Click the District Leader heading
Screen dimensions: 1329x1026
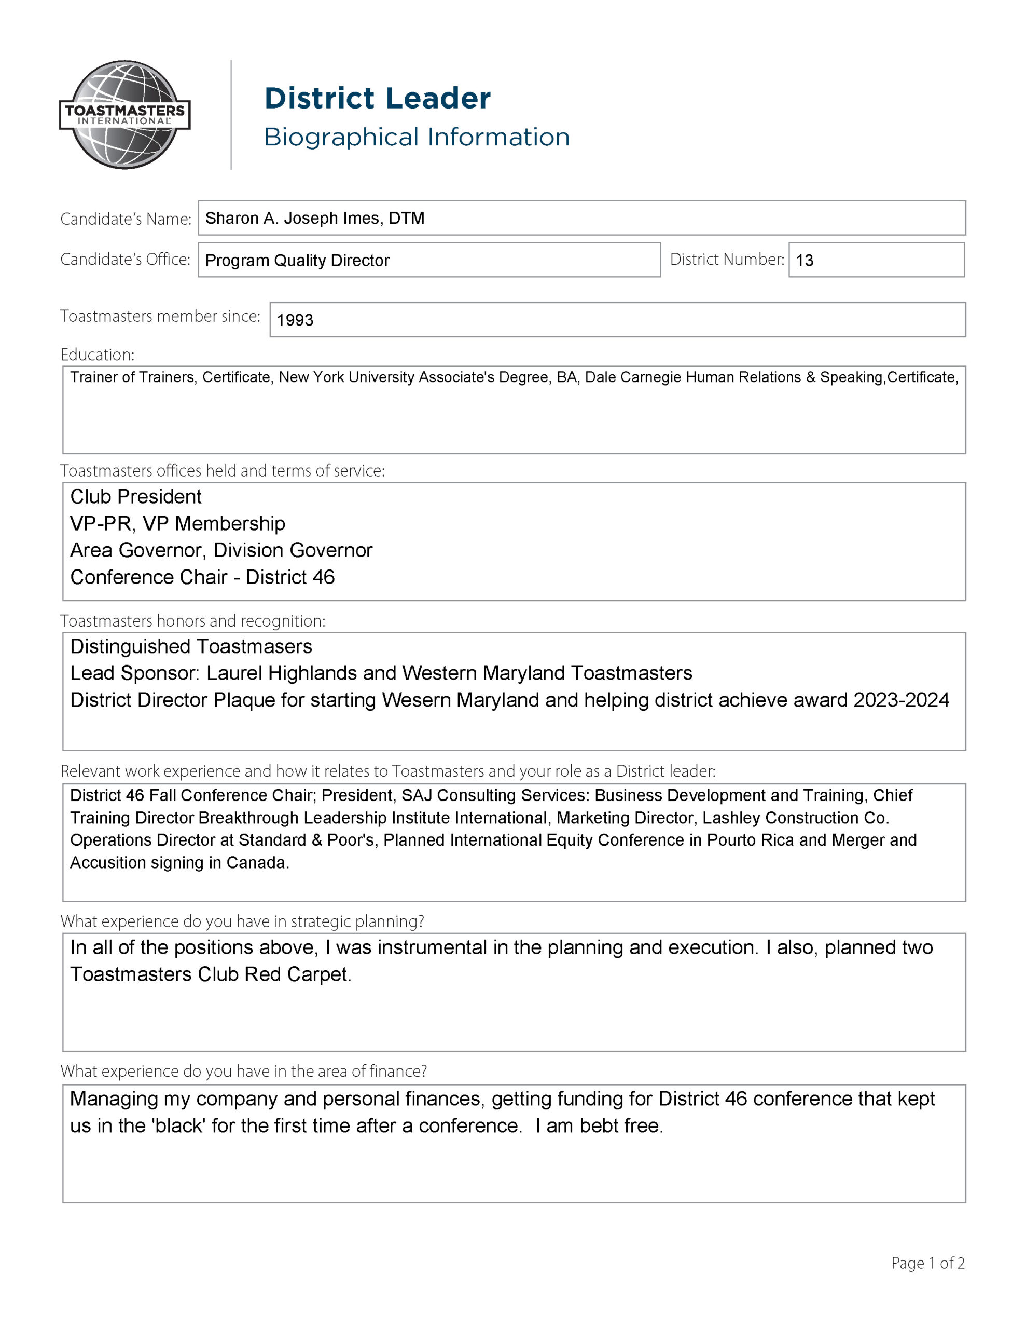[x=377, y=99]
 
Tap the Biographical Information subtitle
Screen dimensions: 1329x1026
[x=417, y=138]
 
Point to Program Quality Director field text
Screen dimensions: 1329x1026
[x=297, y=261]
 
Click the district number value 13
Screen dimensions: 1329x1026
[x=804, y=261]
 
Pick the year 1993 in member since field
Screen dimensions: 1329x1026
[x=295, y=320]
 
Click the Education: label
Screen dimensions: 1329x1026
[x=98, y=355]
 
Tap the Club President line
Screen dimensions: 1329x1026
[x=135, y=496]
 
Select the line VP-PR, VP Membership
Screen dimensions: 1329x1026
[x=177, y=523]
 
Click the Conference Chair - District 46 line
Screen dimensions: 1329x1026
[x=202, y=577]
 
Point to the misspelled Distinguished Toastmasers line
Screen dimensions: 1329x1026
[x=191, y=646]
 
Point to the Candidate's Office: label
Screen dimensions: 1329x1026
[x=124, y=260]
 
